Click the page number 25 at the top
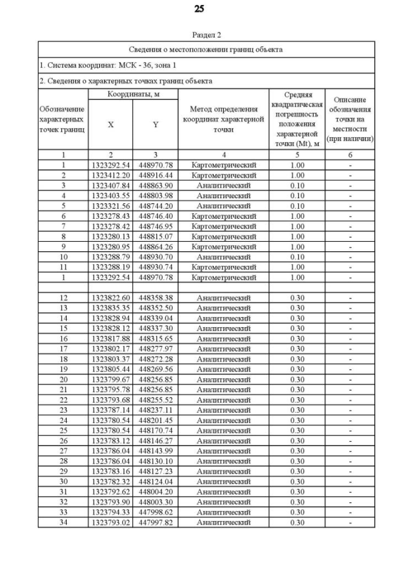199,9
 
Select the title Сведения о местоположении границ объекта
206,49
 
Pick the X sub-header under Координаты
110,125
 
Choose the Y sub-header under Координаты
155,125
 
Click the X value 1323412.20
110,175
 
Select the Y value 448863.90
155,186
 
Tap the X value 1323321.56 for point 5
110,206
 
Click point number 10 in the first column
63,257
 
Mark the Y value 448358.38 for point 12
155,298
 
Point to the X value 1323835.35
110,308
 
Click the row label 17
63,349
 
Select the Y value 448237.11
155,410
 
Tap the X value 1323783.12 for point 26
110,441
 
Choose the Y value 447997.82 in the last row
155,522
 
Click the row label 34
63,522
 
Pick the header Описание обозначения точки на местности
350,120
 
